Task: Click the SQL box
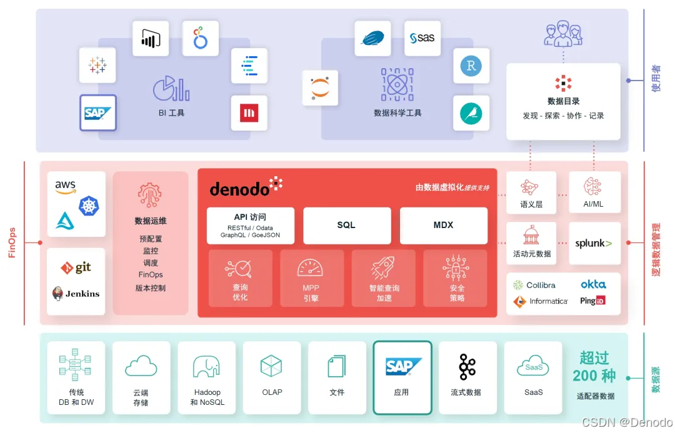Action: click(x=347, y=226)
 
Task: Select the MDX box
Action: click(x=443, y=226)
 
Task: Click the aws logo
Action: click(x=65, y=186)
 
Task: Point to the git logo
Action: click(x=76, y=267)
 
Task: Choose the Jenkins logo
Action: click(x=76, y=293)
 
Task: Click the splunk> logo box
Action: click(x=594, y=243)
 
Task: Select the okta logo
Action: click(x=592, y=284)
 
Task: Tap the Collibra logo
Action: click(x=534, y=285)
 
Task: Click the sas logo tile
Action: click(x=422, y=38)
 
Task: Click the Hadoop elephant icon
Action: click(x=206, y=367)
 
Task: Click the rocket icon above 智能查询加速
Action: click(x=382, y=268)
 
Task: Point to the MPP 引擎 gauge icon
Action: click(x=311, y=269)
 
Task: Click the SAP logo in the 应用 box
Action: click(x=402, y=366)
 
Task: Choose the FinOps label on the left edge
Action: click(x=12, y=243)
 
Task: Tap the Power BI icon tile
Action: click(x=150, y=38)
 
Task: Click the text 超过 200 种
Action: click(x=594, y=367)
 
